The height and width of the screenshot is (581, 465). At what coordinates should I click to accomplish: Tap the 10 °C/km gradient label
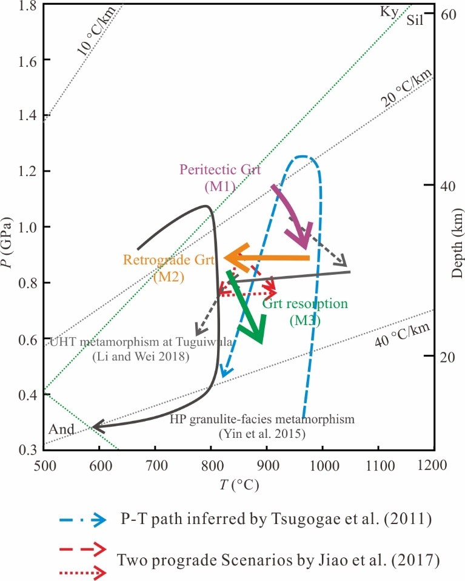point(95,38)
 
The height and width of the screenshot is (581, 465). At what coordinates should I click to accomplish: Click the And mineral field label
point(61,430)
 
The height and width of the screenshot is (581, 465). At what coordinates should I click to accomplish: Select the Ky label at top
point(388,12)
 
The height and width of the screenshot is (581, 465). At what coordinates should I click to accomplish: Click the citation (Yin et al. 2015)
point(261,434)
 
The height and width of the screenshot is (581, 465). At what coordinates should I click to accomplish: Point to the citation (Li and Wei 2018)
point(141,357)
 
